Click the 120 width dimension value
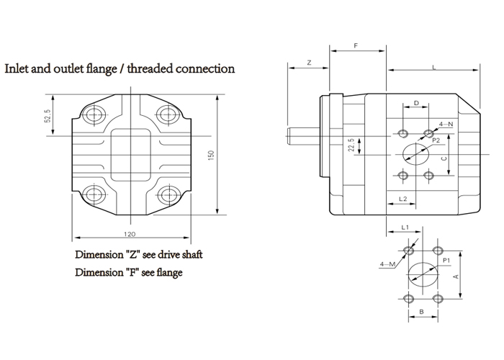point(130,235)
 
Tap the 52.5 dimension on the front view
point(48,116)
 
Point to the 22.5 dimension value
point(351,146)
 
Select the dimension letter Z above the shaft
point(308,63)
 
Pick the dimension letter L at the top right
point(433,66)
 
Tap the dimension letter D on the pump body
point(416,104)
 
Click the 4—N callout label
point(446,125)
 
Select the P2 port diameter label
point(436,142)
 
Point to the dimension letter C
point(444,158)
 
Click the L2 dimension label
point(403,198)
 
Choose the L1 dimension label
point(405,228)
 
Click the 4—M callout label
point(387,265)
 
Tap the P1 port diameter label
point(446,259)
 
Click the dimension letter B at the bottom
point(421,313)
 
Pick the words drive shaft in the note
point(179,255)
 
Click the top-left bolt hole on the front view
point(93,114)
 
